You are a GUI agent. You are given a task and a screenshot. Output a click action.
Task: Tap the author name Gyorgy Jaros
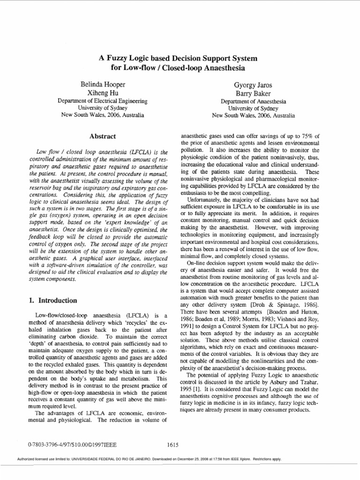tap(254, 84)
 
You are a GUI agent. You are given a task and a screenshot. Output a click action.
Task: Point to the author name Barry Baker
tap(254, 93)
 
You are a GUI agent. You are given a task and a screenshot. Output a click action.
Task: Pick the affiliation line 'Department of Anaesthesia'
tap(254, 101)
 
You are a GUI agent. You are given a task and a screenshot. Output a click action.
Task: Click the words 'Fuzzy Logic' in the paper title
tap(125, 59)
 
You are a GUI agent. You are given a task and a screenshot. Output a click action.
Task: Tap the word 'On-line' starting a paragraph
tap(197, 263)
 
